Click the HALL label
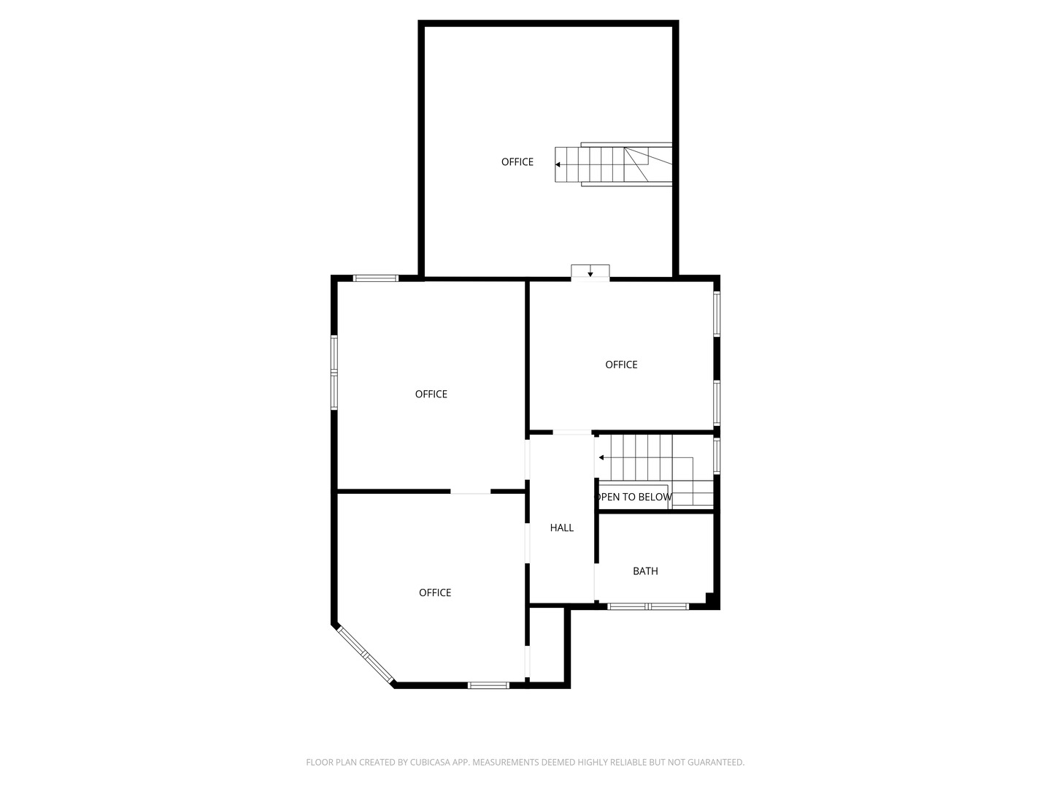561,527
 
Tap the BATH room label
645,571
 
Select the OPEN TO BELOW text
634,497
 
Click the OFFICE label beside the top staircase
517,162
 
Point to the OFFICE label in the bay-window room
435,592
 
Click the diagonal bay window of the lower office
366,654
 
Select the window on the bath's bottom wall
648,606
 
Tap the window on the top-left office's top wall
376,278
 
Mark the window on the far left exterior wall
334,373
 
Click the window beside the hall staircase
717,454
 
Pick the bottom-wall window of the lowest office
488,685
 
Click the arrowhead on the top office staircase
558,164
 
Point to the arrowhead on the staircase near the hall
601,457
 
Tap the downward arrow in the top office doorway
590,274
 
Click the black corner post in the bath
710,598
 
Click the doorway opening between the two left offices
470,492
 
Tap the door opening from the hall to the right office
571,432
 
